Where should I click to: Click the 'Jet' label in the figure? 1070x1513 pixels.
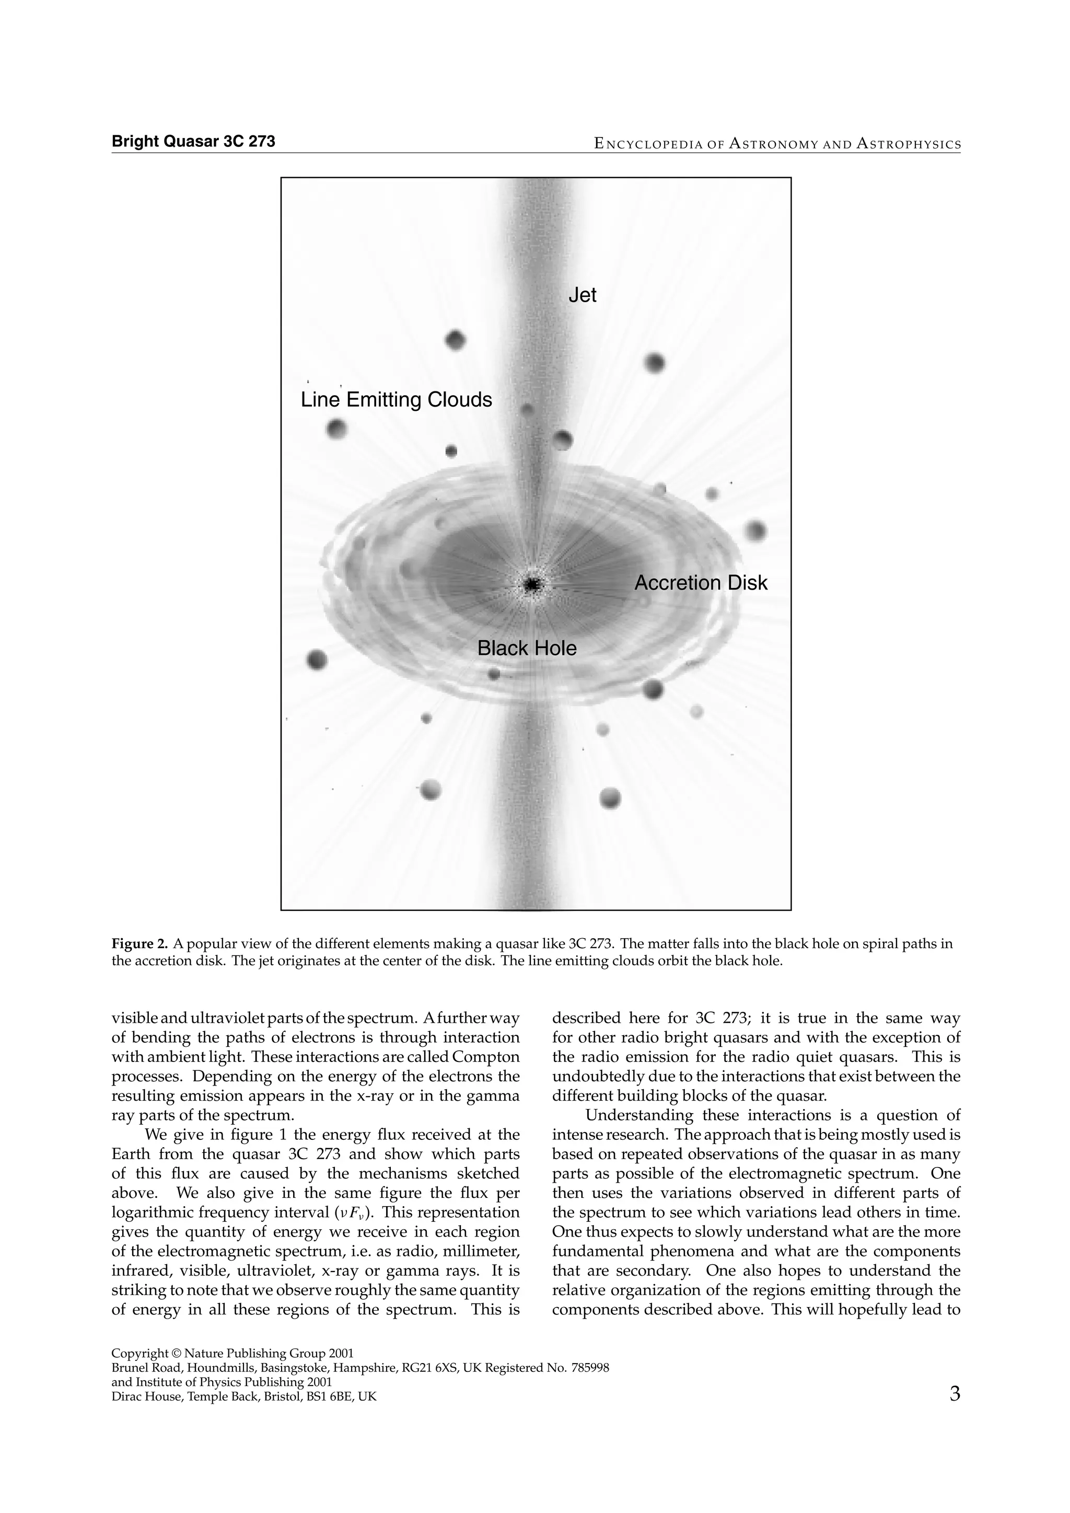pyautogui.click(x=582, y=295)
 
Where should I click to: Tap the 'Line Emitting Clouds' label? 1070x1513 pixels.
pyautogui.click(x=396, y=399)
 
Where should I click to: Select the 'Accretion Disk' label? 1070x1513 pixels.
pyautogui.click(x=701, y=583)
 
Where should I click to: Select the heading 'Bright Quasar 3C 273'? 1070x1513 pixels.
pyautogui.click(x=193, y=141)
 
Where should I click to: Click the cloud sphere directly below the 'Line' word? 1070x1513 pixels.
pyautogui.click(x=336, y=430)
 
